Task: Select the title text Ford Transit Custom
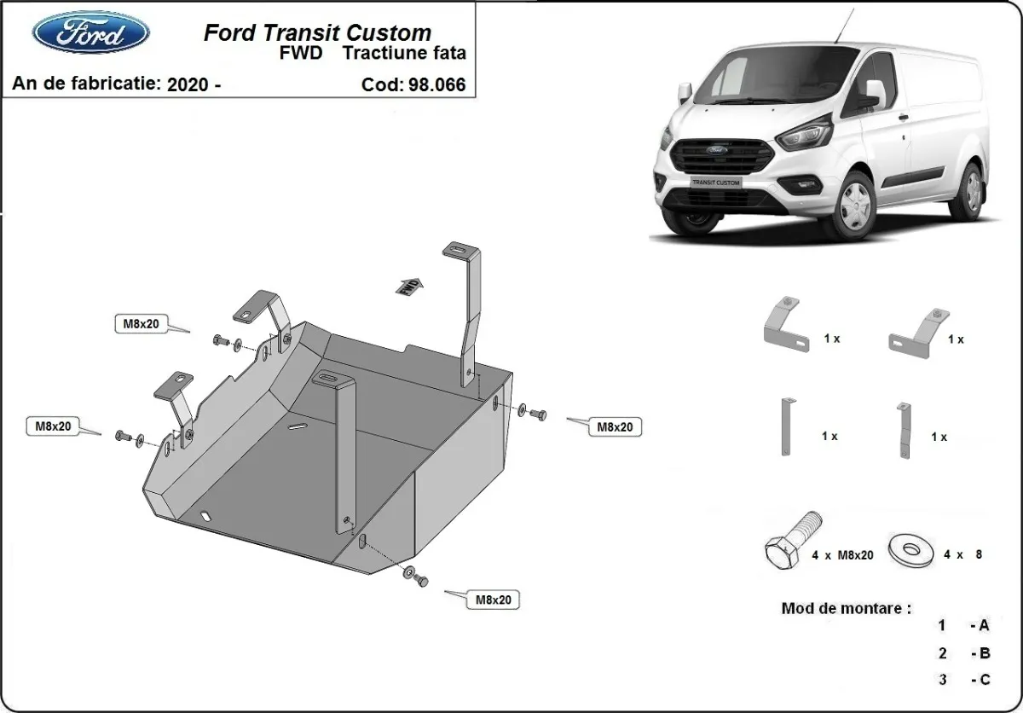316,33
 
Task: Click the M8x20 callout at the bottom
493,600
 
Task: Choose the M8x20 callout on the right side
615,426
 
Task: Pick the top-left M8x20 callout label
142,324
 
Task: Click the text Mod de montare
846,609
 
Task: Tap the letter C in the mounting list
984,680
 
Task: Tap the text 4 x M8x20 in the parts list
843,555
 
